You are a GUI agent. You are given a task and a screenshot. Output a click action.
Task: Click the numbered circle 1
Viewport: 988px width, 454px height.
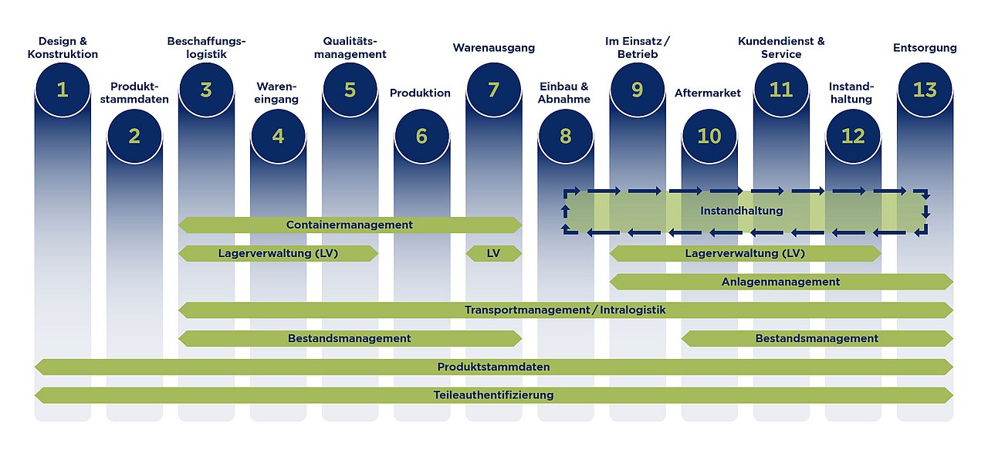pos(63,90)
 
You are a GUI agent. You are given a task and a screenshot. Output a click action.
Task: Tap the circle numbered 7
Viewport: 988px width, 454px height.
pos(493,90)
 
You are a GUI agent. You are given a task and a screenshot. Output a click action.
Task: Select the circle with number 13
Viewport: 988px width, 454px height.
pos(925,90)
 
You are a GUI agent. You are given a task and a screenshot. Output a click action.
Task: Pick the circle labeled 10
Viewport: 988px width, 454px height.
pos(709,136)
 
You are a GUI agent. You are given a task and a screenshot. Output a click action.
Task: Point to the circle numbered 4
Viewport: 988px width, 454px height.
pos(278,136)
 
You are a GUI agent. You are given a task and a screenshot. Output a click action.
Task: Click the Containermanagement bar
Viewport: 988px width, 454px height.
pos(350,225)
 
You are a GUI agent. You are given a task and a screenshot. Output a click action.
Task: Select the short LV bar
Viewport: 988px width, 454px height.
pos(493,253)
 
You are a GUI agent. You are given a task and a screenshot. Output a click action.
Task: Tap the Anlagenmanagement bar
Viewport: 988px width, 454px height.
pos(781,282)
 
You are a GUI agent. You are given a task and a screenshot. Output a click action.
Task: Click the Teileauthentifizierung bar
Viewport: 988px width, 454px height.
pos(494,395)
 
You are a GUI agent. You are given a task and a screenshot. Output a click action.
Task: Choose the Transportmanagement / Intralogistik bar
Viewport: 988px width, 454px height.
pos(566,310)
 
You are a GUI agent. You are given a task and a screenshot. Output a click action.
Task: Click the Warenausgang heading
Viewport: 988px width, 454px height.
pos(493,48)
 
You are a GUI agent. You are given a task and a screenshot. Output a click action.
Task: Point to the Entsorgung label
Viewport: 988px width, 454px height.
pos(925,48)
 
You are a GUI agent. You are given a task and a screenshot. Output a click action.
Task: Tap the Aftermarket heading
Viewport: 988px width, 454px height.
pos(708,93)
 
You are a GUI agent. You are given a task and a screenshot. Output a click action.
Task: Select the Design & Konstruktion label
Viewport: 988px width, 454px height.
pos(63,48)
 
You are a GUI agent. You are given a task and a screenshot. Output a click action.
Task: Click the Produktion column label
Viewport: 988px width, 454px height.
pos(421,93)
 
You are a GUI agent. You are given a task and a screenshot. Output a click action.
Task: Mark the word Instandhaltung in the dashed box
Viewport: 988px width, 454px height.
pos(742,211)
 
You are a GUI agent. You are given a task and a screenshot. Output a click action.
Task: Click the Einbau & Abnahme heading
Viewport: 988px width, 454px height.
pos(564,93)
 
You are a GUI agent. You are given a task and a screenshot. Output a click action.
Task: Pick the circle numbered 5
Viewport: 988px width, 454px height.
pos(350,90)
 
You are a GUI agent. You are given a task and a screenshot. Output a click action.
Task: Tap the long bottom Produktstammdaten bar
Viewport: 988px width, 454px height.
pos(494,367)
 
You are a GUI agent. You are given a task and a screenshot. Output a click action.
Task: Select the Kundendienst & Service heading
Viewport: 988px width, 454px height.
pos(781,48)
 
